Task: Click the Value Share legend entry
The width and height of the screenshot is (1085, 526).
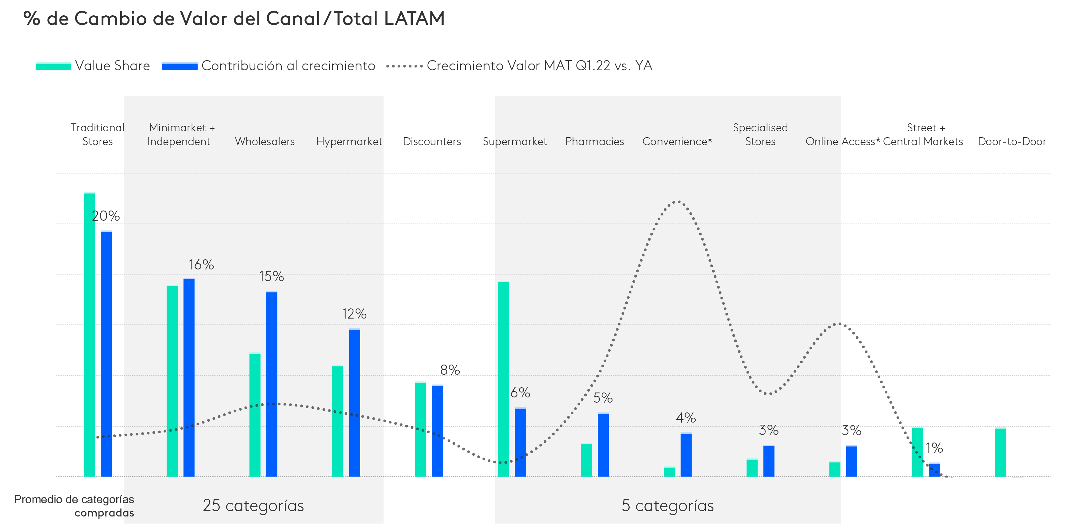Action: click(x=93, y=66)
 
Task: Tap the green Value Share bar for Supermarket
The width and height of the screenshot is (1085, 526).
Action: click(x=503, y=379)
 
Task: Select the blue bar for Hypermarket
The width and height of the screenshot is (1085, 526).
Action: click(x=355, y=403)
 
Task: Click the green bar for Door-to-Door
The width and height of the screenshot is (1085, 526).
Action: click(x=1000, y=452)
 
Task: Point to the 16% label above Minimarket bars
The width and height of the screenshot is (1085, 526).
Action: click(x=201, y=265)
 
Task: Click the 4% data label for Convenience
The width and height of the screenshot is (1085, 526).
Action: click(x=686, y=418)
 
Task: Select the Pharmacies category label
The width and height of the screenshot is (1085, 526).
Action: click(x=594, y=141)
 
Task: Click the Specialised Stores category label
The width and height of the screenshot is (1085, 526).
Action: click(x=760, y=134)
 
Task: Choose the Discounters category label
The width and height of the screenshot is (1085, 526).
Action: click(x=432, y=141)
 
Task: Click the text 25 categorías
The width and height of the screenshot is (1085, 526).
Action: click(x=253, y=505)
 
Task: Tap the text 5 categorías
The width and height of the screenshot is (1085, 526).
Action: click(x=668, y=505)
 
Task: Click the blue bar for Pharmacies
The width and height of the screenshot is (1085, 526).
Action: click(x=603, y=445)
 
